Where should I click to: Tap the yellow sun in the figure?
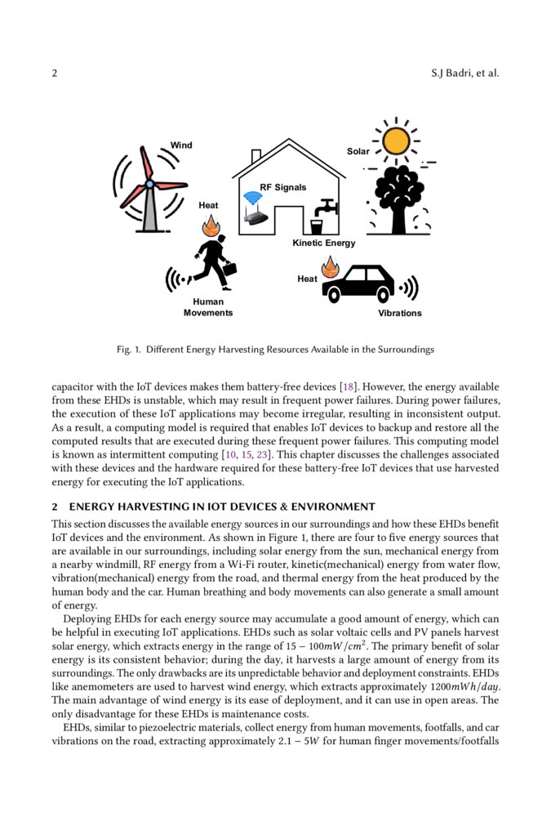click(x=396, y=141)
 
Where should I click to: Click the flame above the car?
click(x=330, y=266)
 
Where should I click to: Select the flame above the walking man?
click(x=211, y=224)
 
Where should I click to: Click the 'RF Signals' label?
click(x=283, y=187)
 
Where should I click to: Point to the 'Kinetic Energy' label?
click(x=324, y=243)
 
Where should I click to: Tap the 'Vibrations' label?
click(x=400, y=313)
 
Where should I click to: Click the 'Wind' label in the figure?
click(x=181, y=145)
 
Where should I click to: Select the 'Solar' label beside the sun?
click(x=358, y=151)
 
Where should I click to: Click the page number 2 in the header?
click(x=55, y=74)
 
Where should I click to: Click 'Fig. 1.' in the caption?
click(x=129, y=350)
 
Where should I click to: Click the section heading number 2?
click(x=55, y=507)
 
